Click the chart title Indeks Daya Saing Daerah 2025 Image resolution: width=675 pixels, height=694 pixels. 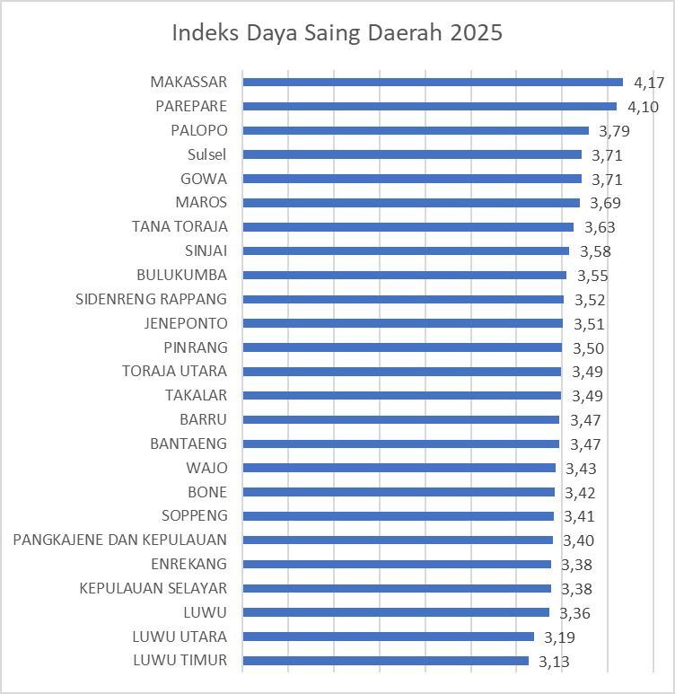click(337, 33)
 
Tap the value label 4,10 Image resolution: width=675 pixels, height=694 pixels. click(643, 107)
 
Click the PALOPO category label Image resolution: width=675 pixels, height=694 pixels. click(198, 130)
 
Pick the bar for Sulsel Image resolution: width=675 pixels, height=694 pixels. click(412, 154)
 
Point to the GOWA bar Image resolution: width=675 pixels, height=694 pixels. click(412, 179)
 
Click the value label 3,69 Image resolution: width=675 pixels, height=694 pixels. click(605, 203)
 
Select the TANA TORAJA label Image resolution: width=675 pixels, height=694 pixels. click(179, 226)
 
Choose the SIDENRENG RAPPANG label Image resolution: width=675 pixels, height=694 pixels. click(151, 299)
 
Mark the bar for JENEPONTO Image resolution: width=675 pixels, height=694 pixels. click(403, 323)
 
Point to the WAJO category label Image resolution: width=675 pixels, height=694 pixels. click(206, 468)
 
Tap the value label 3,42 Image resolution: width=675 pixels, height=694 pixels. click(580, 493)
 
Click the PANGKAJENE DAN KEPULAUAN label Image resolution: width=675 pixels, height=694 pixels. click(119, 540)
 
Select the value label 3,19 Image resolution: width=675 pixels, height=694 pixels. click(559, 638)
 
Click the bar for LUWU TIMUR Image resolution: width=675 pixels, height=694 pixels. click(386, 661)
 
